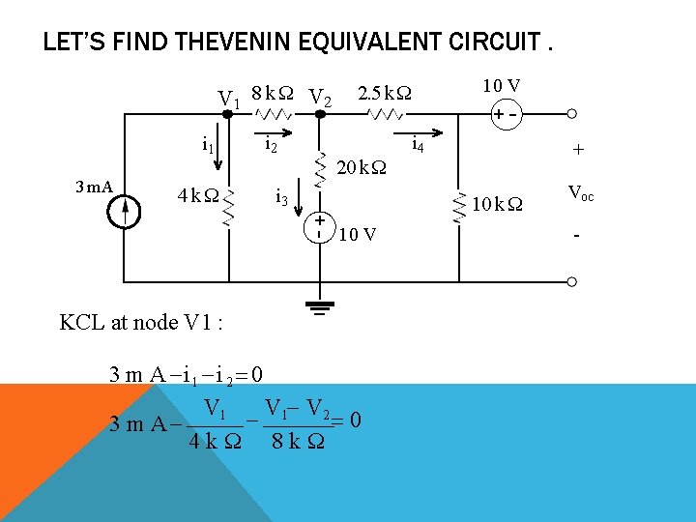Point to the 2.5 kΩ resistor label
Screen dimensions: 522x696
tap(384, 94)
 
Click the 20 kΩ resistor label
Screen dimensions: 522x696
tap(361, 168)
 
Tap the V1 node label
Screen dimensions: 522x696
tap(229, 100)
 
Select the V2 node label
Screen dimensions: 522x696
tap(320, 100)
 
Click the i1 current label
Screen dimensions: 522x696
tap(207, 146)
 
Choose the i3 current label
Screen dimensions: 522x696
tap(281, 198)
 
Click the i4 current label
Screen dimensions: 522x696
tap(418, 146)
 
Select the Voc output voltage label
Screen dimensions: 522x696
tap(581, 193)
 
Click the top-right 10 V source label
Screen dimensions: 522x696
tap(503, 87)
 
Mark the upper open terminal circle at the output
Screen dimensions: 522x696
tap(572, 114)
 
